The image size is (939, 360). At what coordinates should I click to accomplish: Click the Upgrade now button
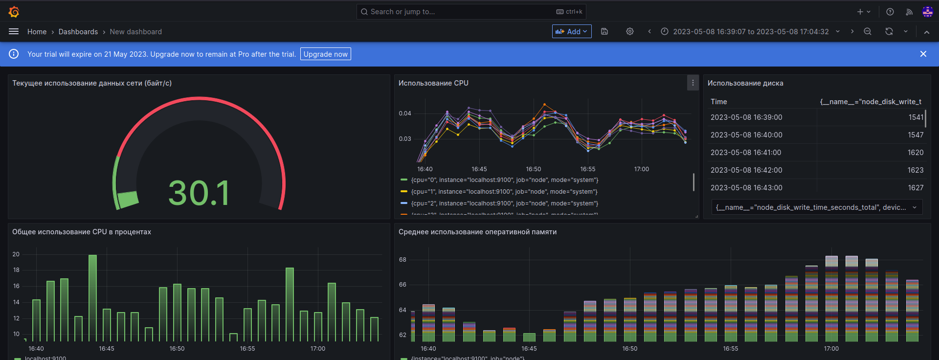(x=325, y=54)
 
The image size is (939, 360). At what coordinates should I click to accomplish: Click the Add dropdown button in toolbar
(x=572, y=31)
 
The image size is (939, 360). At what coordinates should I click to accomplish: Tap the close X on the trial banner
(x=923, y=54)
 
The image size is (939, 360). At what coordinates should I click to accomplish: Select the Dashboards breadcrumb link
(x=78, y=32)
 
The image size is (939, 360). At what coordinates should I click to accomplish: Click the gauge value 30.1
(x=199, y=193)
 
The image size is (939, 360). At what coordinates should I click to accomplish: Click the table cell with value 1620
(x=915, y=153)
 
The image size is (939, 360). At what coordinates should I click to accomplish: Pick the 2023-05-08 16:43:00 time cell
(x=746, y=188)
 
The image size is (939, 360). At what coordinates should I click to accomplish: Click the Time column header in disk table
(x=718, y=102)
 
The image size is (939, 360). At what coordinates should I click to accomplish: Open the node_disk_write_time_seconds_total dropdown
(x=817, y=207)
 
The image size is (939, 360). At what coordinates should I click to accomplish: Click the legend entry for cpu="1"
(x=504, y=192)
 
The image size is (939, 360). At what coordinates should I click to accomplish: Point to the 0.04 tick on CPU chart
(x=405, y=113)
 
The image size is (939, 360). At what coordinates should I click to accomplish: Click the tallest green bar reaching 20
(x=92, y=297)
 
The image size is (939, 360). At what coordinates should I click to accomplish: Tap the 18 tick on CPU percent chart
(x=17, y=270)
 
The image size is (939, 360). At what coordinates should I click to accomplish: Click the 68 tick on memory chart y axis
(x=402, y=260)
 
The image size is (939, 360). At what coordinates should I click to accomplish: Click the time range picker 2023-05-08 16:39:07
(x=750, y=32)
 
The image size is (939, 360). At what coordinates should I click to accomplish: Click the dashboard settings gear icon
(x=630, y=31)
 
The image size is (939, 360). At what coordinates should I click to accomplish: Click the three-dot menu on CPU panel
(x=693, y=83)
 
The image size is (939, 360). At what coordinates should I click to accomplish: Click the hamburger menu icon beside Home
(x=14, y=31)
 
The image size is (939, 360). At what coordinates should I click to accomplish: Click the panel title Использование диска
(x=745, y=83)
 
